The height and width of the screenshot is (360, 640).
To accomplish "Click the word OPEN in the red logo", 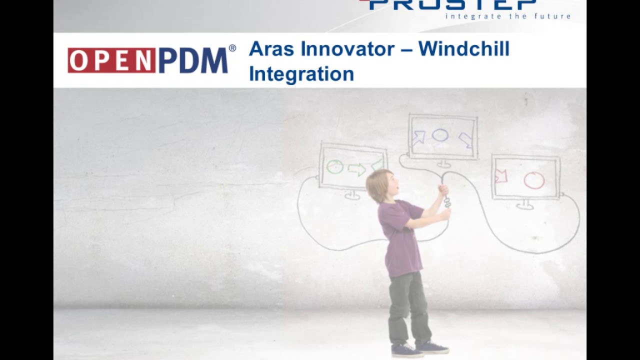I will point(111,60).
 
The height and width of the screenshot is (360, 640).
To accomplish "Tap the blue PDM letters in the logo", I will point(193,60).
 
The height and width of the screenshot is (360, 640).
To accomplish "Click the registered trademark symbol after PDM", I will point(232,48).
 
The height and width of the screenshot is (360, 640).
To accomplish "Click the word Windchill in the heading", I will point(464,49).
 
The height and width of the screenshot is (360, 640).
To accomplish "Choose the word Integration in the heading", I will point(301,74).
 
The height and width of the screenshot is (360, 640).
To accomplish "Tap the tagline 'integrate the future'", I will point(508,16).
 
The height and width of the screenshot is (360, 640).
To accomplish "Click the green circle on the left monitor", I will point(335,167).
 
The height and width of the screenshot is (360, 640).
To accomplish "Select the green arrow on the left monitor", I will point(357,169).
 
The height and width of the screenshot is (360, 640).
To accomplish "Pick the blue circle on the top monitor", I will point(440,135).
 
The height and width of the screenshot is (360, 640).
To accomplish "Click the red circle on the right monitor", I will point(534,180).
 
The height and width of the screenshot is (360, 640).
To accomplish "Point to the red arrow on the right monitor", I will point(500,176).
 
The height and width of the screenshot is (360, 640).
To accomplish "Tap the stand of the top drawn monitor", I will point(443,163).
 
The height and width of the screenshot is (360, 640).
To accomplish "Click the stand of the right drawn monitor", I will point(525,204).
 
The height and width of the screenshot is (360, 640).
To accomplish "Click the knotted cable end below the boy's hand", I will point(447,202).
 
